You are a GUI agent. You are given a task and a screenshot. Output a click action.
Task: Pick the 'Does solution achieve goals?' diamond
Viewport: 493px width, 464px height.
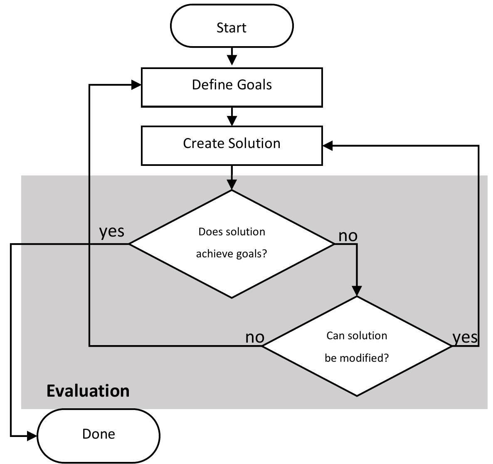point(232,244)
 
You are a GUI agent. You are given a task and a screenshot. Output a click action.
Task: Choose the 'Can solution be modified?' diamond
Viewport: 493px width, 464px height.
point(357,346)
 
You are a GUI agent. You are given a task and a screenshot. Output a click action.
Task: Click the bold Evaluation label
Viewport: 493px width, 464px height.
point(88,391)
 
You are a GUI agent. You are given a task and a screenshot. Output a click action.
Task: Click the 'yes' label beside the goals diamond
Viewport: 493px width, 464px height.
point(111,231)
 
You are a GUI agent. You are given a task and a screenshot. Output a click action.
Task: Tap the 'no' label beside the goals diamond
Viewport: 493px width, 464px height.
point(348,236)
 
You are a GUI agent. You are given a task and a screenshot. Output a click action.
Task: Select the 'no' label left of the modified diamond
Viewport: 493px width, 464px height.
point(255,337)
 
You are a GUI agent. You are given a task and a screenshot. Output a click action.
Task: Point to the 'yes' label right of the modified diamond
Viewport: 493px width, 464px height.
point(465,337)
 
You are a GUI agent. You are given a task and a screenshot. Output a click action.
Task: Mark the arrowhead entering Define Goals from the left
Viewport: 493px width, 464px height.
point(136,85)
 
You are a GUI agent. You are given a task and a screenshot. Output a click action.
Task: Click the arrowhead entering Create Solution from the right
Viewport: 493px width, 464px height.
point(328,146)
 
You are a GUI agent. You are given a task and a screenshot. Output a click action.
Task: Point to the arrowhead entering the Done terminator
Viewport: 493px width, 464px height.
point(32,436)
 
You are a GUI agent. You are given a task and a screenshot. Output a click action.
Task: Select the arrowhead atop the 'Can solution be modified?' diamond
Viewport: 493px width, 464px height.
point(357,291)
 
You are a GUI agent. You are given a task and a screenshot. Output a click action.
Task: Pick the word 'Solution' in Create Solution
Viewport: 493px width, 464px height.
point(254,143)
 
